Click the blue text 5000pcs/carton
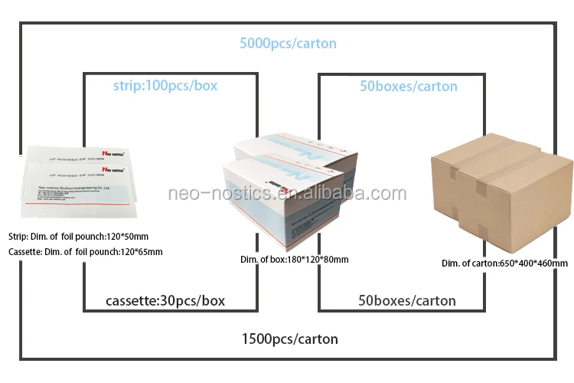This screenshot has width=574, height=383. pos(287,44)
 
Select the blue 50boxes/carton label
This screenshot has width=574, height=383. pos(408,86)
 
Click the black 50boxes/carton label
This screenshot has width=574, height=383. pos(407,300)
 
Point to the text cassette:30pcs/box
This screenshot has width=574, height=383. pos(165,300)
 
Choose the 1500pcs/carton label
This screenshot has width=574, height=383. pos(289,338)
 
